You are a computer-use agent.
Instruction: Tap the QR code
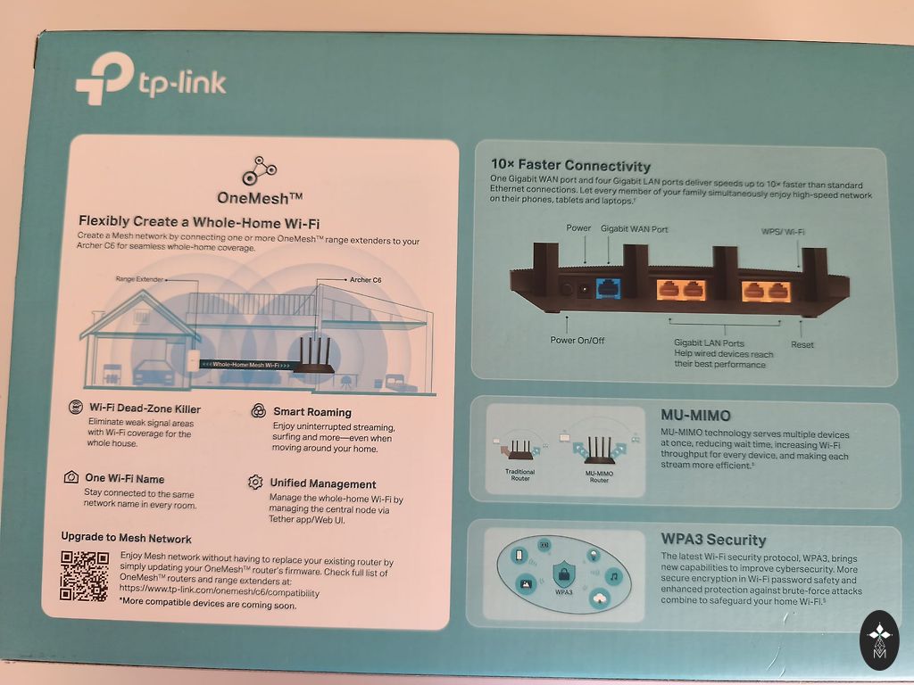pyautogui.click(x=84, y=575)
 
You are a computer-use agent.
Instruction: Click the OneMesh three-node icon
pyautogui.click(x=260, y=169)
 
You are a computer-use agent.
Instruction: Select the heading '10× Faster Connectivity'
pyautogui.click(x=571, y=166)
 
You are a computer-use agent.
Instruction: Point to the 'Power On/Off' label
pyautogui.click(x=577, y=340)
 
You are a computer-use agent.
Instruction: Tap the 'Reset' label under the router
pyautogui.click(x=802, y=344)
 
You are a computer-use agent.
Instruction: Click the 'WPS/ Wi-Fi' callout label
pyautogui.click(x=783, y=231)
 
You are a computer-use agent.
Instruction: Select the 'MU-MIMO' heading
pyautogui.click(x=695, y=416)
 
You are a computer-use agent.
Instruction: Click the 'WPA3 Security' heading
pyautogui.click(x=713, y=540)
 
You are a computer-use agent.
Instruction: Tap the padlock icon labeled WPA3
pyautogui.click(x=564, y=573)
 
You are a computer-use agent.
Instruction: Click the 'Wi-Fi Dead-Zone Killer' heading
pyautogui.click(x=145, y=409)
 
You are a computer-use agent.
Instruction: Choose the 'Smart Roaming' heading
pyautogui.click(x=312, y=412)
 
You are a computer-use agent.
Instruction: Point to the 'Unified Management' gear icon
pyautogui.click(x=255, y=483)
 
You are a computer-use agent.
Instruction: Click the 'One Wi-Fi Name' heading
pyautogui.click(x=124, y=479)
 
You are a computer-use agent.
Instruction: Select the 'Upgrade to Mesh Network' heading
pyautogui.click(x=126, y=539)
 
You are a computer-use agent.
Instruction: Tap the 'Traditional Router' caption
pyautogui.click(x=519, y=475)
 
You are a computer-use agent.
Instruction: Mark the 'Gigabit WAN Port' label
pyautogui.click(x=635, y=229)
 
